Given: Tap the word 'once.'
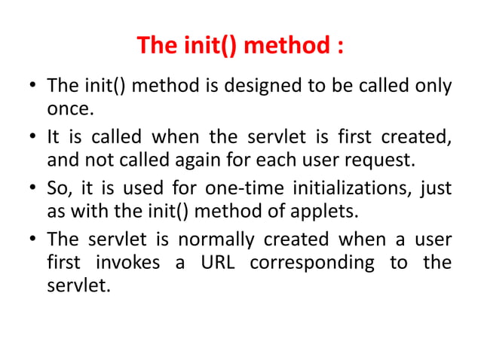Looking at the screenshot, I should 70,110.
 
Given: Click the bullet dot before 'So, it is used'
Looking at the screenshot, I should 34,187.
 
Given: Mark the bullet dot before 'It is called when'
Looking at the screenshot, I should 34,136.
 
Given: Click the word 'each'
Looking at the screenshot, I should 259,160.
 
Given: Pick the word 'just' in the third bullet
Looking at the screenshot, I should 436,186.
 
